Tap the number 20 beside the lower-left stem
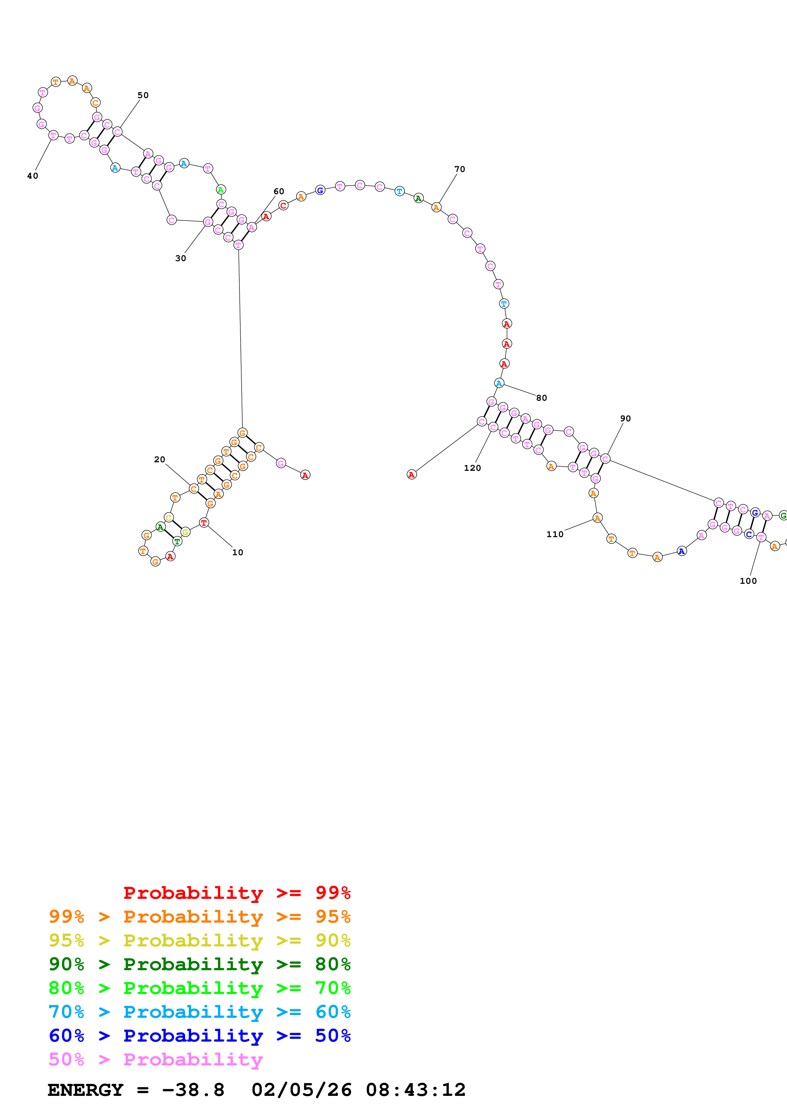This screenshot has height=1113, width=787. [160, 459]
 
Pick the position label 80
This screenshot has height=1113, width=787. [541, 398]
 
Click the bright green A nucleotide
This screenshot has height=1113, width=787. [221, 189]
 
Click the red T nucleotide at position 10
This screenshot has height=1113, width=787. [204, 523]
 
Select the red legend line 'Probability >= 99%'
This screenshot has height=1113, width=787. [237, 892]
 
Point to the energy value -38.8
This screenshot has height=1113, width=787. [193, 1090]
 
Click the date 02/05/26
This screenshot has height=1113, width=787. [301, 1090]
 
